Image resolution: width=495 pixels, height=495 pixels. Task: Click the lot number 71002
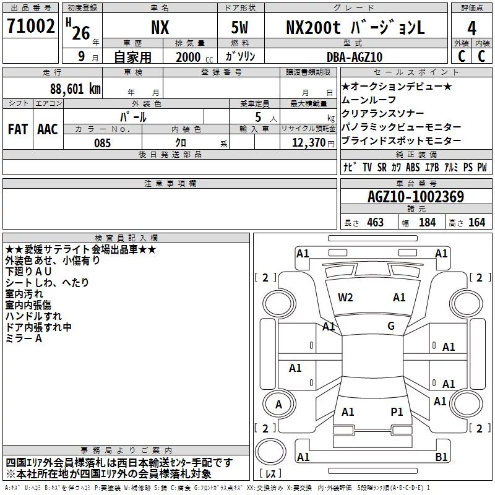[x=30, y=26]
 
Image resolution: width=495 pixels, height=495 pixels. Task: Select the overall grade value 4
[x=471, y=28]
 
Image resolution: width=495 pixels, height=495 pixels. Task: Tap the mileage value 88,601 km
[x=75, y=89]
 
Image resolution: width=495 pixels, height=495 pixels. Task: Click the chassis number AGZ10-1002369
[x=416, y=197]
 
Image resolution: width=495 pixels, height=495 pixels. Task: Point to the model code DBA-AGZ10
[x=355, y=57]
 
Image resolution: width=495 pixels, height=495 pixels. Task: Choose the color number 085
[x=102, y=143]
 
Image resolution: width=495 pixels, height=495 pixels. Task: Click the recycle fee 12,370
[x=309, y=143]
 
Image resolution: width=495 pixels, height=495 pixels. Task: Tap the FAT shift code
[x=18, y=129]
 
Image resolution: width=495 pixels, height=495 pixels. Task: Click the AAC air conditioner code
[x=48, y=129]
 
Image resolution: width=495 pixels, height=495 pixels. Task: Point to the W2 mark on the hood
[x=345, y=298]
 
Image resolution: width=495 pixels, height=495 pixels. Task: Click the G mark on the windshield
[x=391, y=325]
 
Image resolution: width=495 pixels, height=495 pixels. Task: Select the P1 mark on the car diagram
[x=397, y=411]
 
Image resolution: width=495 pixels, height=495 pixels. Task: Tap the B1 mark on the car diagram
[x=441, y=457]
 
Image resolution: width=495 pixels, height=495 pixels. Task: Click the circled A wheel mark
[x=278, y=404]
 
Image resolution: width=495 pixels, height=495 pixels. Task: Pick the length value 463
[x=375, y=222]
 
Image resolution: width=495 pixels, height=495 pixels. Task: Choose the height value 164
[x=476, y=222]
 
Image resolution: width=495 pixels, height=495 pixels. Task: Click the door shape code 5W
[x=239, y=27]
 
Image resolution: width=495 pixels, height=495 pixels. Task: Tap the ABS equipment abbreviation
[x=413, y=167]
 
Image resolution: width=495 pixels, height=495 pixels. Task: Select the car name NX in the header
[x=160, y=27]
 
